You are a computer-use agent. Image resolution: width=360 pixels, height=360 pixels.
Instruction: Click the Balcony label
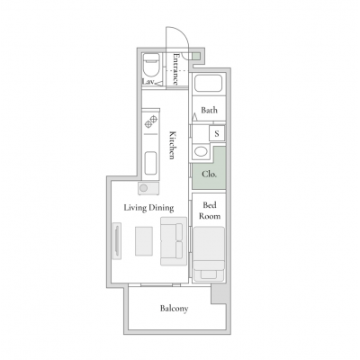174,309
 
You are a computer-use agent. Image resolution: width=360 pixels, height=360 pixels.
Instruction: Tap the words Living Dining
148,208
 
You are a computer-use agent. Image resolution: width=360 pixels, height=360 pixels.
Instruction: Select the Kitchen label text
172,145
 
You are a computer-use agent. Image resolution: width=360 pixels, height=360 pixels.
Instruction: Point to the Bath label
209,110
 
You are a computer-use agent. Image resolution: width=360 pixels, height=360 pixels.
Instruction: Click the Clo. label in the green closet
209,174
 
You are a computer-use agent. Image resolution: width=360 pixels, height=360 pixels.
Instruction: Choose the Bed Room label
210,211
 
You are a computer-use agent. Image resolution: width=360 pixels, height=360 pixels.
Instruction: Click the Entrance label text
176,69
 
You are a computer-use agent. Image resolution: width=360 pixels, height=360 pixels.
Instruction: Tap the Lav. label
148,82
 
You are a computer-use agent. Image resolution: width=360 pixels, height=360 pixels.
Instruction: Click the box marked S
217,133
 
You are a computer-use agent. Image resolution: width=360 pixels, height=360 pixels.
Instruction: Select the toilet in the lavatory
151,66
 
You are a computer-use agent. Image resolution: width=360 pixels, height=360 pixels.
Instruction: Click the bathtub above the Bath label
209,83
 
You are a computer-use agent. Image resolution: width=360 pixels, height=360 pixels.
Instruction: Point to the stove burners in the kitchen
151,121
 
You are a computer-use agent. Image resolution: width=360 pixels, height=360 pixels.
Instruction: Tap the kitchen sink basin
150,163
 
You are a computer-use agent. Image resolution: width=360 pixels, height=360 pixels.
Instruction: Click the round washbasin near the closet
200,150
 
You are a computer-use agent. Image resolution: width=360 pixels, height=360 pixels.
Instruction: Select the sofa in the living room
174,241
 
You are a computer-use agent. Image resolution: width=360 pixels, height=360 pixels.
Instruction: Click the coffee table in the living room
144,241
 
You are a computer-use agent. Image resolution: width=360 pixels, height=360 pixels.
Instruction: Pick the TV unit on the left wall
117,241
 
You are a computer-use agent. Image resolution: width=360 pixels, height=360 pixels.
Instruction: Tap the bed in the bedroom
209,254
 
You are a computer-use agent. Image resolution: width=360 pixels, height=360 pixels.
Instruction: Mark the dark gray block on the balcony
219,293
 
